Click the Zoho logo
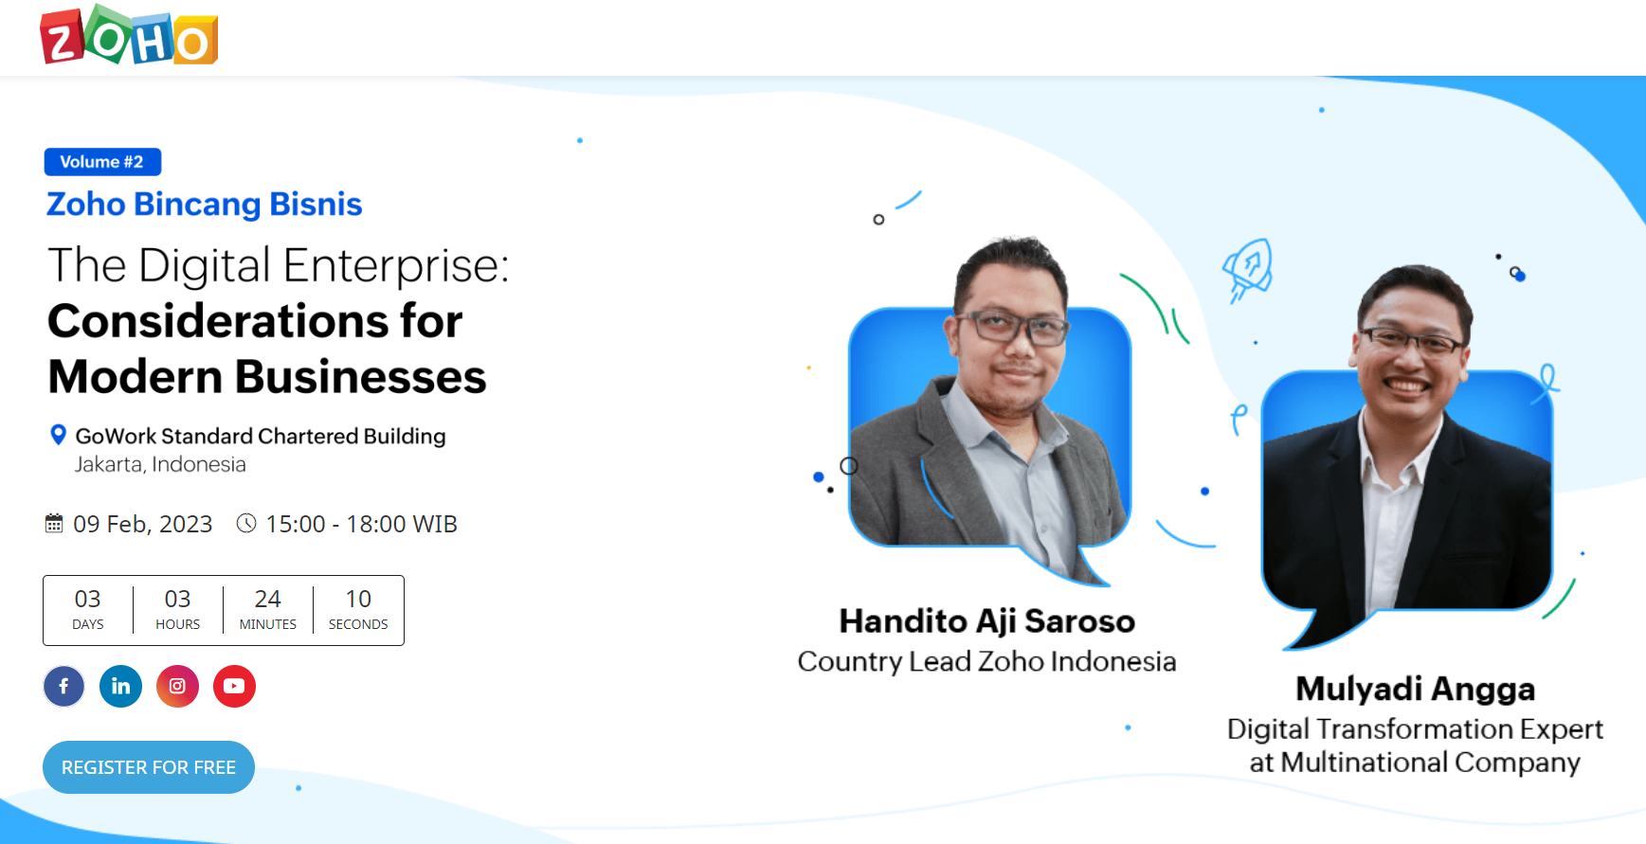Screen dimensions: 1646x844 tap(129, 35)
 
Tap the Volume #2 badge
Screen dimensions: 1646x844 tap(102, 162)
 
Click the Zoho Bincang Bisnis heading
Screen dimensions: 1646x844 tap(204, 205)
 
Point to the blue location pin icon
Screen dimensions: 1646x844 tap(58, 435)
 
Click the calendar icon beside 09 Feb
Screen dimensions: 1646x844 tap(54, 523)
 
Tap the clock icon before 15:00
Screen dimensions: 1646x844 tap(246, 523)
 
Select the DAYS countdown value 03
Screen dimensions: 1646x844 tap(88, 599)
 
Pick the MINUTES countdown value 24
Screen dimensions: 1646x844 tap(268, 599)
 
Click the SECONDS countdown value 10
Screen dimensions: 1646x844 tap(358, 599)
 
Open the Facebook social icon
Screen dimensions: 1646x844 tap(63, 686)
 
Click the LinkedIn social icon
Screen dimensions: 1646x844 tap(120, 686)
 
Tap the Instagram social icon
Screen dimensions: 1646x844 tap(177, 686)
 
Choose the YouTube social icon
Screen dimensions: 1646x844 tap(234, 686)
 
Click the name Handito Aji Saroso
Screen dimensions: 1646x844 tap(987, 621)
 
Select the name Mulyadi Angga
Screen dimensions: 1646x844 tap(1416, 689)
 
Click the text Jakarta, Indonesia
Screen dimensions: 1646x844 tap(160, 464)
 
